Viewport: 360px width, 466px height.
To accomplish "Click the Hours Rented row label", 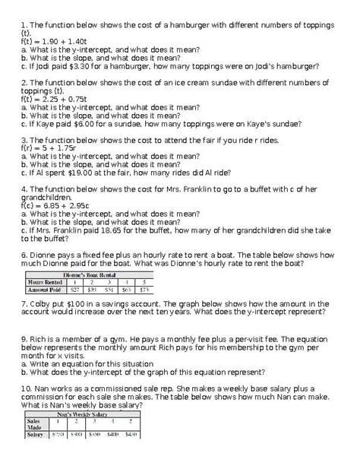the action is click(44, 282).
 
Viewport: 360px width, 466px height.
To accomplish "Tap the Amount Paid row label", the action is click(44, 290).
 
